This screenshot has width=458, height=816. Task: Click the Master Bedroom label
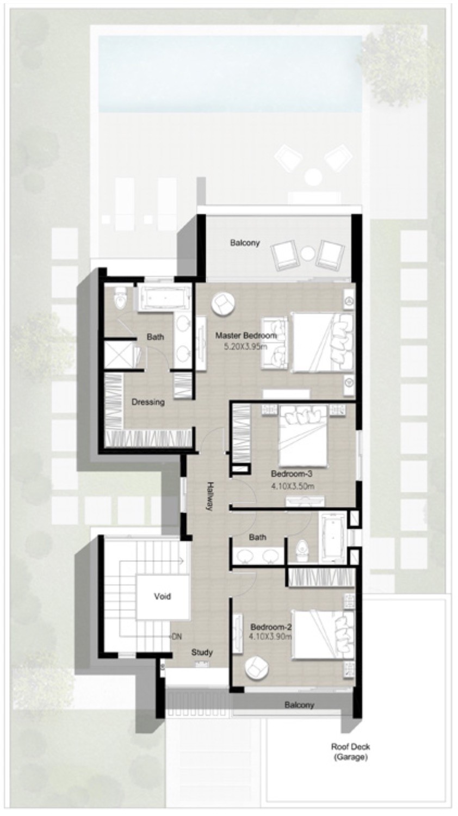tap(246, 335)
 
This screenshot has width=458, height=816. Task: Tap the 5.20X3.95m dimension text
tap(245, 347)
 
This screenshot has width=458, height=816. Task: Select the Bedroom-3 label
tap(292, 474)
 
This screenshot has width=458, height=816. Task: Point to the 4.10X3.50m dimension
tap(293, 486)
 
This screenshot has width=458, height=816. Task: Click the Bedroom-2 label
tap(271, 627)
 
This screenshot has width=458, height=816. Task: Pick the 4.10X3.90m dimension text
tap(270, 637)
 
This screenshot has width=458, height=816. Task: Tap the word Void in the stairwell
tap(162, 596)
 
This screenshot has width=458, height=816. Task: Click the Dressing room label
tap(148, 402)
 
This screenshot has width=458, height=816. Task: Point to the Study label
tap(202, 652)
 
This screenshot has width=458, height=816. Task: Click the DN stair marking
tap(176, 636)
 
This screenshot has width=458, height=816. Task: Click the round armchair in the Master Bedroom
tap(222, 303)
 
